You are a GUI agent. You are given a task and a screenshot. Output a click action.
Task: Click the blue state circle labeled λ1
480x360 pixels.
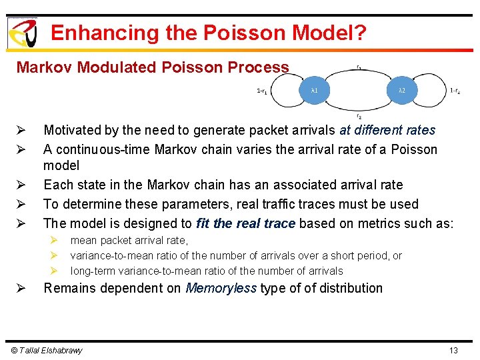pos(314,90)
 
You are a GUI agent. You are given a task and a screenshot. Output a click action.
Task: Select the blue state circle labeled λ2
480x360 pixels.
pos(401,90)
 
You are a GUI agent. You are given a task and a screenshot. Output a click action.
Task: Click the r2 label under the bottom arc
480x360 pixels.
pos(359,117)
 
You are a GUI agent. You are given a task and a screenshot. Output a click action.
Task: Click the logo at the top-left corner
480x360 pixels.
pos(22,32)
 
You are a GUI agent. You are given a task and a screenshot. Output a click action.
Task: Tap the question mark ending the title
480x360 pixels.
pos(361,33)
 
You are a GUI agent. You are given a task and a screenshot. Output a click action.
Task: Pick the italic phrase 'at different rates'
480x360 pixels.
pos(387,130)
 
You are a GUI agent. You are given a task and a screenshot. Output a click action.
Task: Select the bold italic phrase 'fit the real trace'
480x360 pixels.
pos(245,223)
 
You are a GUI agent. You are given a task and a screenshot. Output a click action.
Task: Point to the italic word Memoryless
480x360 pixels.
pos(221,288)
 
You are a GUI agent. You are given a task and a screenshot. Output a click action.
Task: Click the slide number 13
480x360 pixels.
pos(453,351)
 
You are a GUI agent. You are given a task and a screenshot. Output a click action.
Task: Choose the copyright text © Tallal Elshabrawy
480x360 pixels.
pos(45,351)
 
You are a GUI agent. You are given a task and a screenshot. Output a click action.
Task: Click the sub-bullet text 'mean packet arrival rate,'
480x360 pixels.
pos(129,241)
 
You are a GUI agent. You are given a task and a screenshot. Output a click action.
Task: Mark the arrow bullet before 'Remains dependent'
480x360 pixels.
pos(21,289)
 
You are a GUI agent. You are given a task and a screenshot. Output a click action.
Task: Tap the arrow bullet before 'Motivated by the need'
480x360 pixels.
pos(21,131)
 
